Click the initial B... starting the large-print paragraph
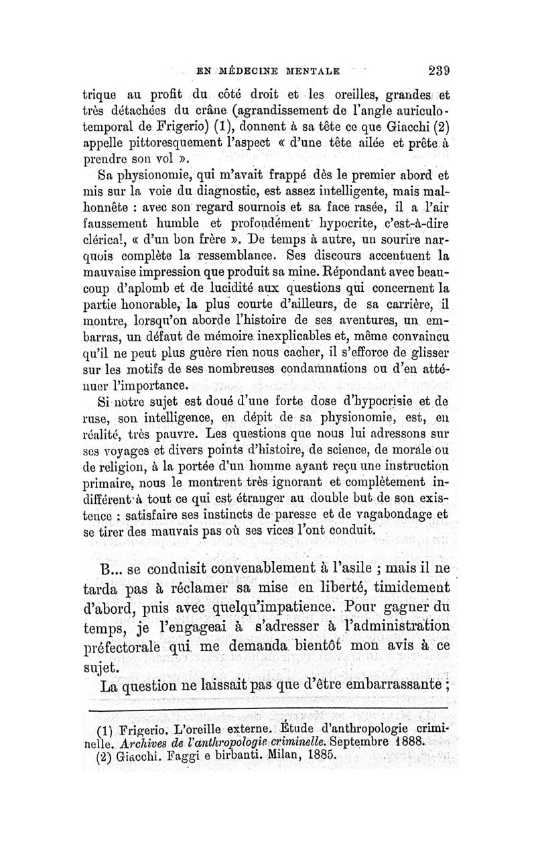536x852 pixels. click(111, 570)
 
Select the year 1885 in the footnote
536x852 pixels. click(319, 758)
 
